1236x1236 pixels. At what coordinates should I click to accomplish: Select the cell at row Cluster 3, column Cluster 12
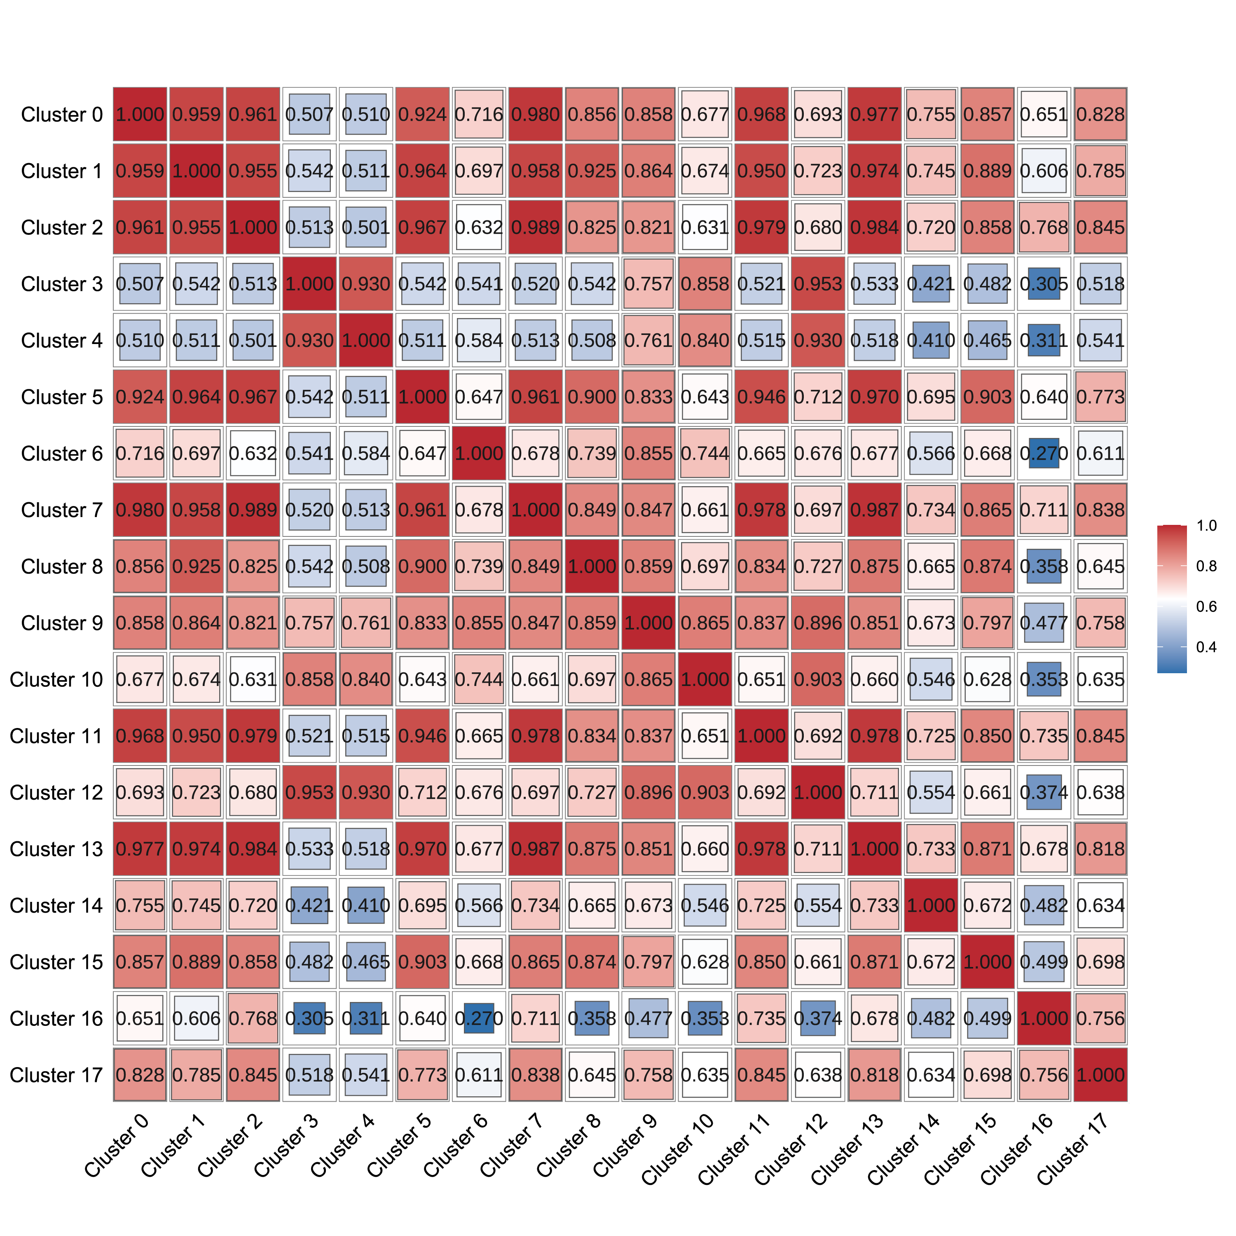[817, 283]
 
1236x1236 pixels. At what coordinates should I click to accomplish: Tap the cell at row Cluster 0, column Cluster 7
[536, 115]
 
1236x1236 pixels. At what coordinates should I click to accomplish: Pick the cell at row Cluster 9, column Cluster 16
[1044, 623]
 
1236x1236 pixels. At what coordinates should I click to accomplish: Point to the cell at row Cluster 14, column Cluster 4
[366, 905]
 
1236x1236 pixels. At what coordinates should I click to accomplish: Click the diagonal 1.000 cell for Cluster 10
[705, 679]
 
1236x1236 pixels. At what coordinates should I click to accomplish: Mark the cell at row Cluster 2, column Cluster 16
[1044, 227]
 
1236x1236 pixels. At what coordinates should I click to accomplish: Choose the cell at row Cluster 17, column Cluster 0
[140, 1075]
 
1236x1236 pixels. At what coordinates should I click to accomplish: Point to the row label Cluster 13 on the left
[56, 849]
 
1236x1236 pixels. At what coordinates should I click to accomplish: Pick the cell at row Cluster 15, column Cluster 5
[422, 962]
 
